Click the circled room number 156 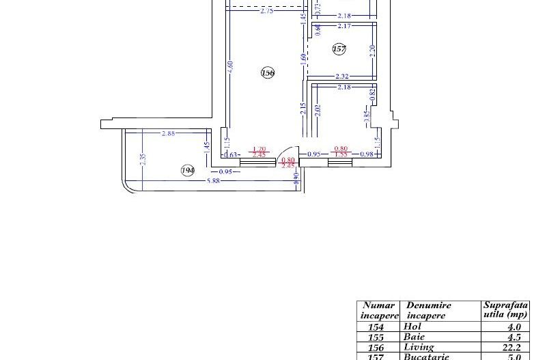click(268, 72)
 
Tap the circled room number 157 click(339, 49)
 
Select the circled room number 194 click(187, 170)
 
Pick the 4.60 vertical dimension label click(230, 66)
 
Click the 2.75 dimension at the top click(266, 11)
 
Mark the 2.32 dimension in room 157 click(343, 76)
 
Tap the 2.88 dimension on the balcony click(168, 134)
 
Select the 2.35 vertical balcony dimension click(142, 157)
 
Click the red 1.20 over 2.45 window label click(259, 152)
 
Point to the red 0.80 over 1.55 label click(339, 152)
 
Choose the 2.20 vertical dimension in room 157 click(373, 50)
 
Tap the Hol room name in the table click(412, 327)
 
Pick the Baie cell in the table click(415, 337)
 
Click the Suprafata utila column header click(505, 310)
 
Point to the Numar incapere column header click(379, 311)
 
